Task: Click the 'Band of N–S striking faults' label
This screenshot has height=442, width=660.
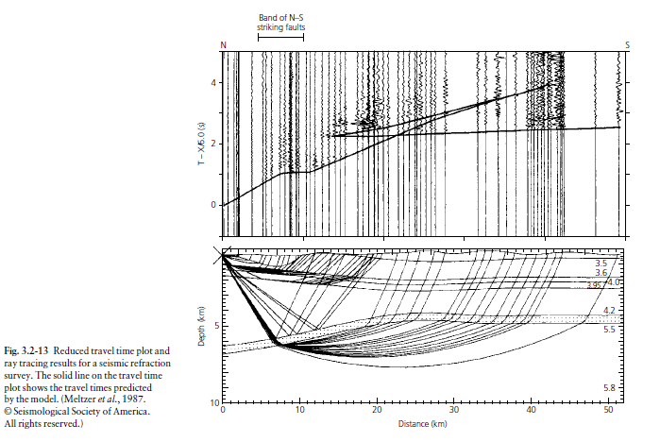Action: point(280,23)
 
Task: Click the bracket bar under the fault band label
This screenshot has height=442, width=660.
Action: point(280,37)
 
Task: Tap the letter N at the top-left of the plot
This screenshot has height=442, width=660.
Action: point(224,45)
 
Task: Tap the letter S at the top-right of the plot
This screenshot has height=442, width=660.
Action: point(627,45)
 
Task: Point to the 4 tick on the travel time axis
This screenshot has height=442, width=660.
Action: point(213,82)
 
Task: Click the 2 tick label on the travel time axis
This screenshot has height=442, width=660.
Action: point(213,144)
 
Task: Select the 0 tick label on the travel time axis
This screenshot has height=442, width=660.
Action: point(213,205)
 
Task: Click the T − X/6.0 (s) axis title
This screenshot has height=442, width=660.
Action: point(202,144)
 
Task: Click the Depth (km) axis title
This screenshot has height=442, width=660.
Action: point(201,326)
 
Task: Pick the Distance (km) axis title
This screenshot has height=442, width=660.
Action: point(423,424)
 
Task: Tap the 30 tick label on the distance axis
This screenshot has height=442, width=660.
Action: point(454,410)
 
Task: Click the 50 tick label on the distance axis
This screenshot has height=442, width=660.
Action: point(608,410)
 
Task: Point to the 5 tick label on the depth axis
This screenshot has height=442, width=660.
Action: point(217,326)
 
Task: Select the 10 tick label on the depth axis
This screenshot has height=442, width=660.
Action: point(214,403)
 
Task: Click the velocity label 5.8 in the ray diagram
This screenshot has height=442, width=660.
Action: point(609,388)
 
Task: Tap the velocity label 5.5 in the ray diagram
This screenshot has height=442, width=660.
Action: point(609,330)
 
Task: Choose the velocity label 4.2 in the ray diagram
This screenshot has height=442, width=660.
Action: point(609,311)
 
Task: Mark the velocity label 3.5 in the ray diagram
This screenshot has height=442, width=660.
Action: point(601,263)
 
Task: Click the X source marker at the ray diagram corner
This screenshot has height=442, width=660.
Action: point(222,256)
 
